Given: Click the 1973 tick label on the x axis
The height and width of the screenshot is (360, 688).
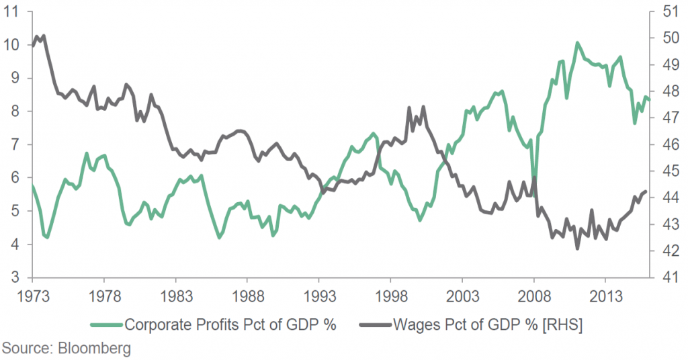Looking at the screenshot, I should (x=32, y=296).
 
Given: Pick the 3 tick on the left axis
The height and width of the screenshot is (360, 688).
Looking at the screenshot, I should (x=15, y=278).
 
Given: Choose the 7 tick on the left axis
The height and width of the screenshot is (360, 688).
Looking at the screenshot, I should (x=15, y=145).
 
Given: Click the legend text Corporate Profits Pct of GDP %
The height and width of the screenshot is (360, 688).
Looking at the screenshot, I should (x=230, y=324).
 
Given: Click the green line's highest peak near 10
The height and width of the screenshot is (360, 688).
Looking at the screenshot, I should (x=576, y=43).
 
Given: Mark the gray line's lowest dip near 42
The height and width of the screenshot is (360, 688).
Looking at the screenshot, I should (x=577, y=249).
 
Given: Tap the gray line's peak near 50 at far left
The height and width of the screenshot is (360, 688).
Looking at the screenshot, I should (x=43, y=36).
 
